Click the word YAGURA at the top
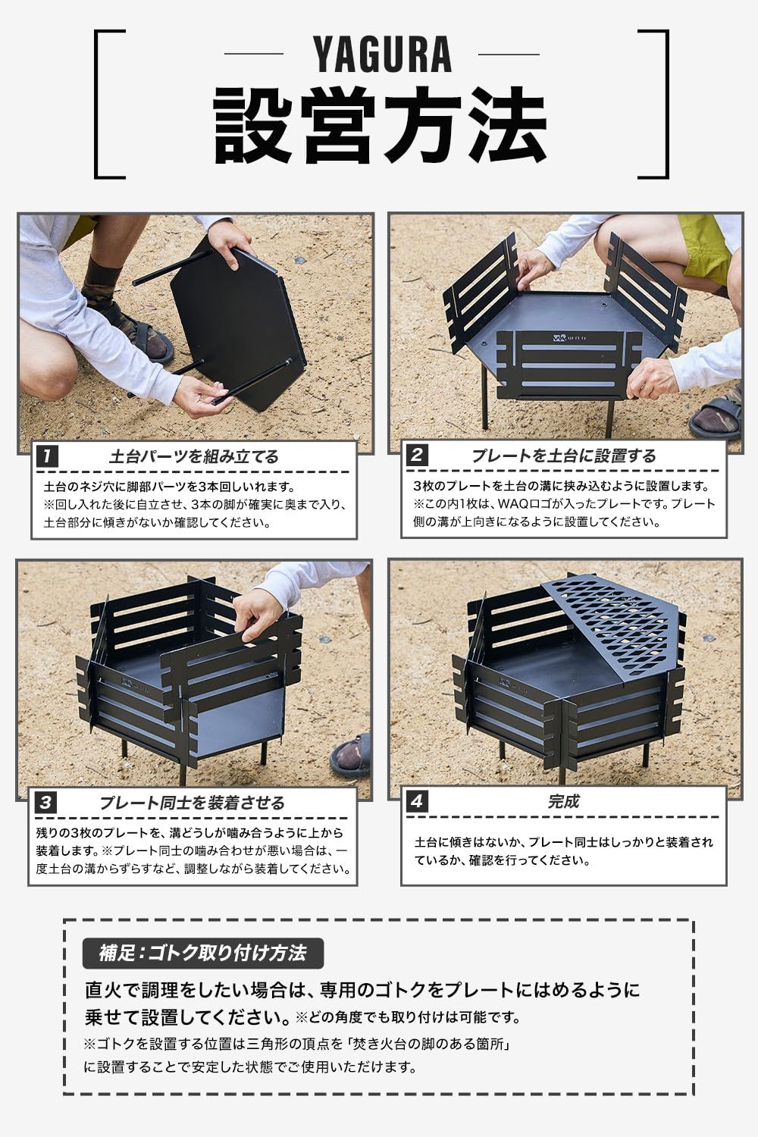coord(382,55)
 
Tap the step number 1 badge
coord(48,456)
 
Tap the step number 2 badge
coord(418,456)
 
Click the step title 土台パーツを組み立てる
coord(193,456)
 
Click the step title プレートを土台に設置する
coord(563,456)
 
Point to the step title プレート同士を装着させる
coord(192,803)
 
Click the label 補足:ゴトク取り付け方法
coord(202,953)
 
